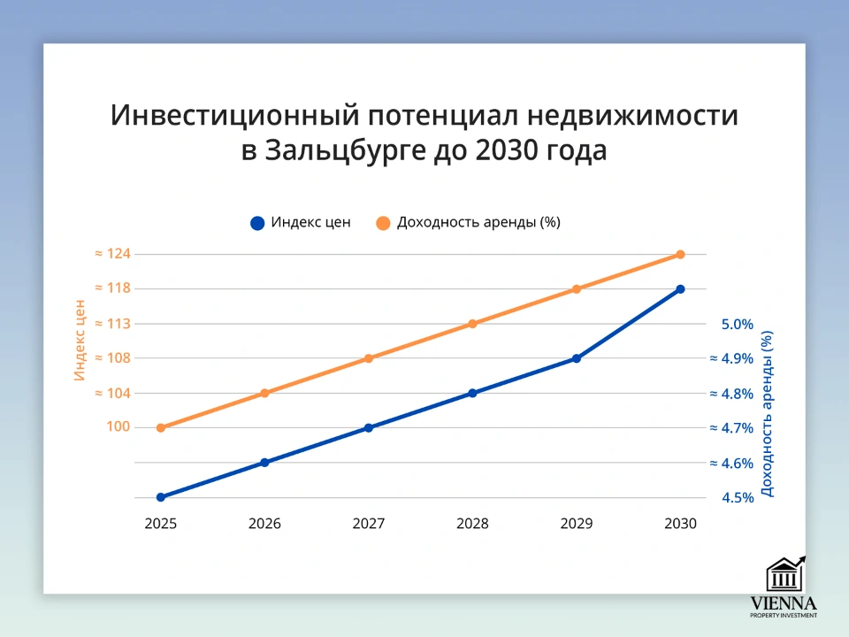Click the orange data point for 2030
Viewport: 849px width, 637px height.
tap(680, 255)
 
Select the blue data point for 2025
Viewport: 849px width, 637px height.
tap(161, 497)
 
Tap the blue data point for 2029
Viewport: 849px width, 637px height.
tap(576, 358)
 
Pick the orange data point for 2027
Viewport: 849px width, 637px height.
tap(369, 358)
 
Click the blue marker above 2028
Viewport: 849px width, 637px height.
tap(472, 393)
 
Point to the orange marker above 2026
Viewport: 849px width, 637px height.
tap(264, 393)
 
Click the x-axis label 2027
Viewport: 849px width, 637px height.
tap(369, 524)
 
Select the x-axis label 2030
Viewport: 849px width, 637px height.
tap(680, 524)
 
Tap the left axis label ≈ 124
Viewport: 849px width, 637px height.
tap(112, 254)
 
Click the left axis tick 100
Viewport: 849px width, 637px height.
tap(119, 427)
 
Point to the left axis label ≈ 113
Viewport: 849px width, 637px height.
tap(112, 324)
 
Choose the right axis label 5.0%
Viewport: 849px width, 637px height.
tap(738, 325)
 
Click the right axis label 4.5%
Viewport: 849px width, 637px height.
tap(738, 498)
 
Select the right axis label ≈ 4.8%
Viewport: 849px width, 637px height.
tap(731, 394)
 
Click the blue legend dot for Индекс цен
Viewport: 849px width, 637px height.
tap(257, 223)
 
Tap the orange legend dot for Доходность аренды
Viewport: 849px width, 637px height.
tap(383, 223)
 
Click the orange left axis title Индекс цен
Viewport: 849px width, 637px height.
tap(79, 341)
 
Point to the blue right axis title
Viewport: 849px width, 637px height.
tap(767, 413)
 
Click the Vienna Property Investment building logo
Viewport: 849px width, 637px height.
tap(784, 574)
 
